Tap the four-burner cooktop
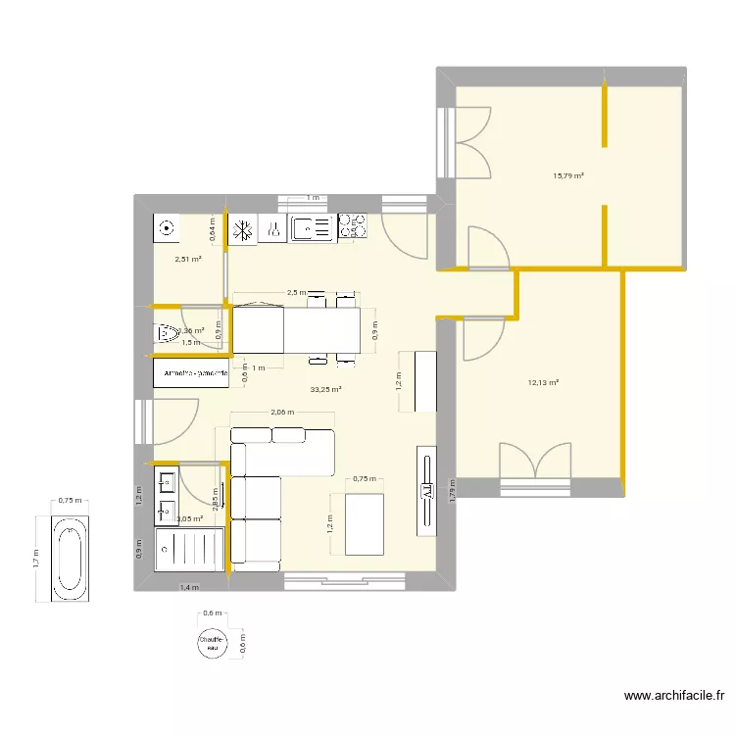(352, 228)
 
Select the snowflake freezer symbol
(242, 229)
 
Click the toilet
(166, 335)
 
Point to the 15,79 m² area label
(568, 176)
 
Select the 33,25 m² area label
(325, 389)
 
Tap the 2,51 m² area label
(188, 260)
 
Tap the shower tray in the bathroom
(189, 550)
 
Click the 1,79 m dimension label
(452, 490)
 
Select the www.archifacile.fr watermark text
(674, 697)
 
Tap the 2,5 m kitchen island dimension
(293, 292)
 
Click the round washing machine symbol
(167, 227)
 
